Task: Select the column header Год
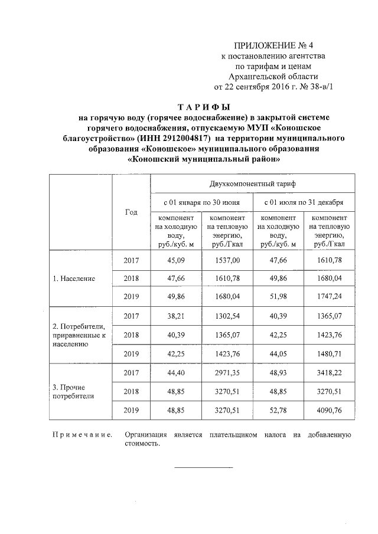click(131, 212)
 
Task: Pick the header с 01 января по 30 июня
click(202, 202)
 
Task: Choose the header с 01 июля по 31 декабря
click(304, 202)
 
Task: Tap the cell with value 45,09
click(177, 260)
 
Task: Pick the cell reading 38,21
click(177, 316)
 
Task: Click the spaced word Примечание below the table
click(83, 435)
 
